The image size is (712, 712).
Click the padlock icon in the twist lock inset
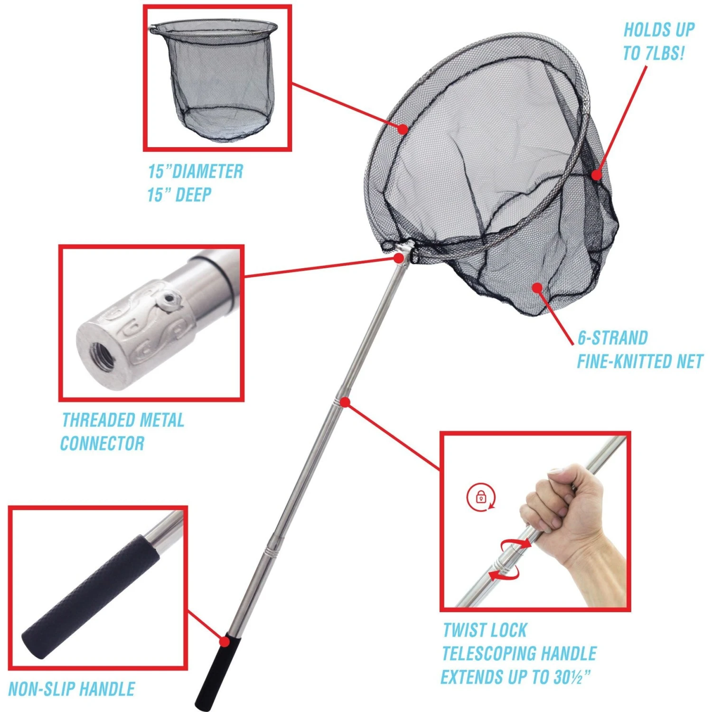[481, 497]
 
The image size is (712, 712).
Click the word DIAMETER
[207, 171]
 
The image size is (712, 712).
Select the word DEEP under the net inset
[193, 195]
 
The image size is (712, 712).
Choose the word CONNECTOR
[102, 443]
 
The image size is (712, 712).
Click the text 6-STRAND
[612, 338]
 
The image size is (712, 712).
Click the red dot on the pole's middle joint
[346, 403]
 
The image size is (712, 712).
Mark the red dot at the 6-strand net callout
[537, 287]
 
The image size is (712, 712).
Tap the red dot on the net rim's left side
[403, 129]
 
